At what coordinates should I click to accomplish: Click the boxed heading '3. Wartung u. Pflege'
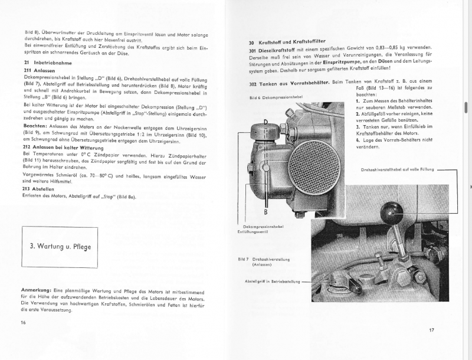[61, 246]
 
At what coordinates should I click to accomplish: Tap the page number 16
[23, 322]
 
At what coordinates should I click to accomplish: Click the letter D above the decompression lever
[266, 122]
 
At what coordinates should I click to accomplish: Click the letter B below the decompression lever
[266, 211]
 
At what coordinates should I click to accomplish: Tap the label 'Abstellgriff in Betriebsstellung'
[272, 281]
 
